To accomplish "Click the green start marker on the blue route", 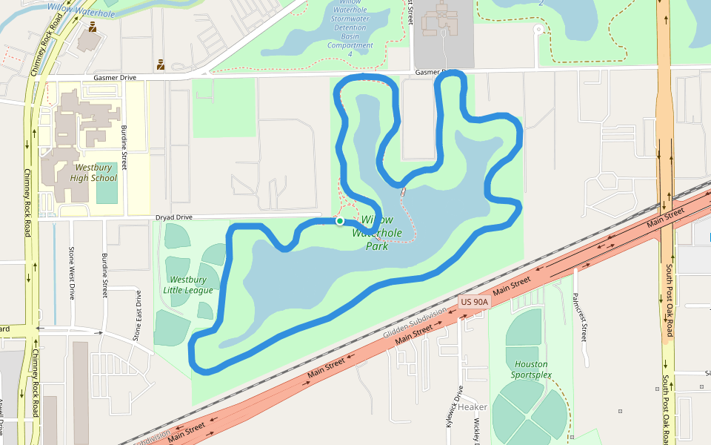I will tap(339, 220).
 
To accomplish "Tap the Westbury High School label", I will tap(93, 173).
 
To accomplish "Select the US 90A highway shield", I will tap(475, 302).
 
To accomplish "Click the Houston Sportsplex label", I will tap(530, 369).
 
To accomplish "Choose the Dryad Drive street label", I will tap(174, 217).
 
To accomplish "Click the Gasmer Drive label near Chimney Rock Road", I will tap(115, 76).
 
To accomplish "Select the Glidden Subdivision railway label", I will tap(415, 323).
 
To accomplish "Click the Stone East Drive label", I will tap(137, 315).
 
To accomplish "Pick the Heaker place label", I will tap(473, 407).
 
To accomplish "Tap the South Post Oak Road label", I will tap(668, 300).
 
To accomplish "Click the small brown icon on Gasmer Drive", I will tap(161, 65).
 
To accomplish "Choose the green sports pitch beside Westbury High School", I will tap(107, 183).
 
